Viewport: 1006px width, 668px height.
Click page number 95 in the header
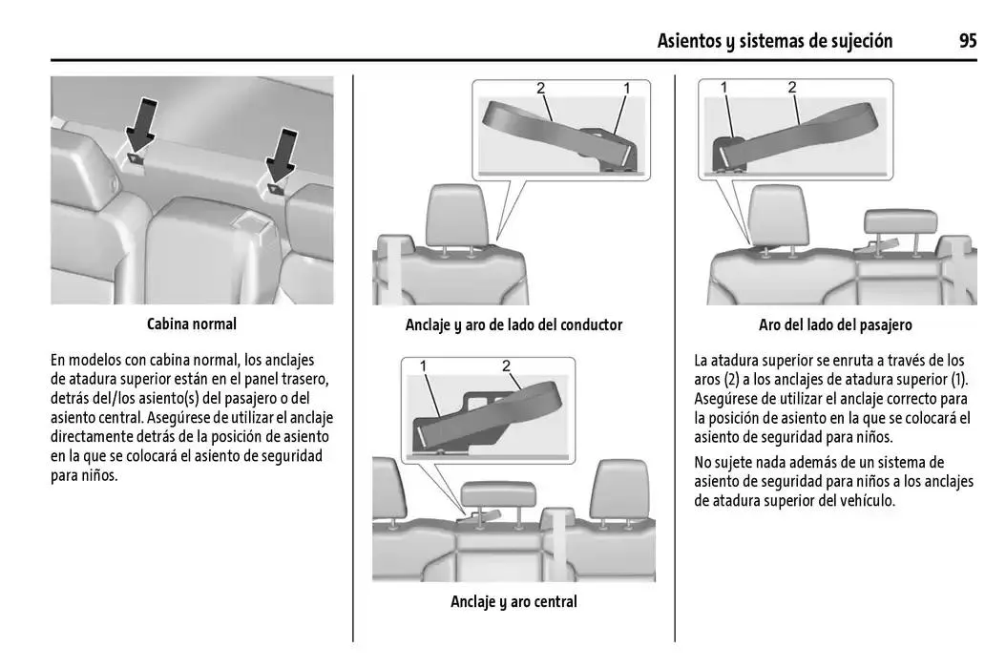tap(968, 41)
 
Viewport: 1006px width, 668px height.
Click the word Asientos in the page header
tap(691, 41)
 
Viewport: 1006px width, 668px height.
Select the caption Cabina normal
tap(192, 324)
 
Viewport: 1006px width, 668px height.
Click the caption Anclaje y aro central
tap(513, 601)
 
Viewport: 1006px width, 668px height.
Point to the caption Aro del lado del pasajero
tap(835, 324)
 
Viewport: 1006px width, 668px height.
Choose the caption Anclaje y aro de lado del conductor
tap(513, 324)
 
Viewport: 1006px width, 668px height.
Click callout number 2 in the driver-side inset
tap(541, 89)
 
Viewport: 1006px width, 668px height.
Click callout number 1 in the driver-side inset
tap(627, 89)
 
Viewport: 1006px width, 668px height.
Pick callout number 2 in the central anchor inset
tap(506, 366)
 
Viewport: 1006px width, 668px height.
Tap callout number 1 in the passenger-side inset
tap(724, 88)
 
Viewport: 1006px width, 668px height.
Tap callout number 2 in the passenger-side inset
tap(792, 88)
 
